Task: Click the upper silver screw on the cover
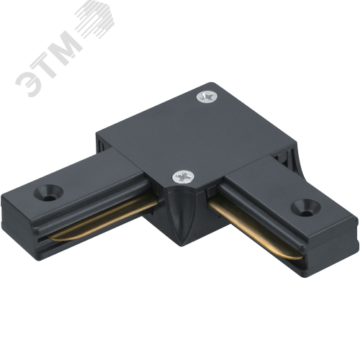coord(207,96)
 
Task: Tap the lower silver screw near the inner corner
coord(184,176)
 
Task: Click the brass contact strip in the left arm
coord(103,219)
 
